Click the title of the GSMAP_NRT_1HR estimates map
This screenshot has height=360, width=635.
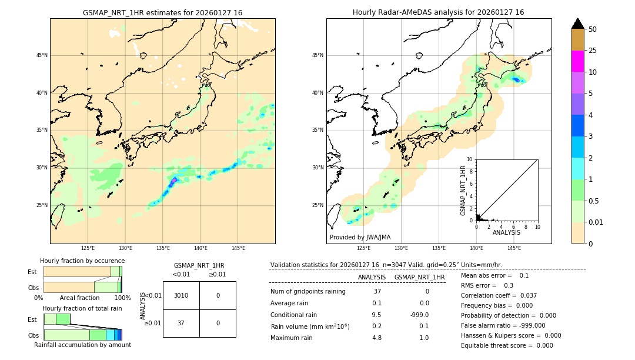(x=162, y=12)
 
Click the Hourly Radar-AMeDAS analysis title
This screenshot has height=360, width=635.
(x=438, y=12)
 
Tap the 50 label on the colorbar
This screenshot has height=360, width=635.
(x=593, y=29)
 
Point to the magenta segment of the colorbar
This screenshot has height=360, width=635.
(x=577, y=61)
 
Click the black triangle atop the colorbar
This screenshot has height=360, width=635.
(x=577, y=24)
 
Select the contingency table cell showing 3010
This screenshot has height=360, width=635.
(x=181, y=295)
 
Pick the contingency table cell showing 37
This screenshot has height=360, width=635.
(x=181, y=323)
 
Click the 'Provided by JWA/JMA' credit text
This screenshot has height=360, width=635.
(x=360, y=237)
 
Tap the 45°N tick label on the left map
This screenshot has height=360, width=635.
(x=42, y=55)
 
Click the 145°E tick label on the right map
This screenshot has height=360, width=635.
(x=513, y=248)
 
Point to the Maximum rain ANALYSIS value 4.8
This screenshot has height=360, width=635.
(x=377, y=338)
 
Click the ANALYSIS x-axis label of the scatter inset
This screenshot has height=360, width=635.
(x=506, y=232)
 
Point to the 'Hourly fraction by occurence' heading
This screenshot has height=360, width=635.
(x=82, y=261)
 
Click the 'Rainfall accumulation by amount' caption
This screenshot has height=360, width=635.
(x=82, y=345)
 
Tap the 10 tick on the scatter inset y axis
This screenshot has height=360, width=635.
(x=470, y=159)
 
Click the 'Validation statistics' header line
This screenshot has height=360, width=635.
(x=386, y=265)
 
